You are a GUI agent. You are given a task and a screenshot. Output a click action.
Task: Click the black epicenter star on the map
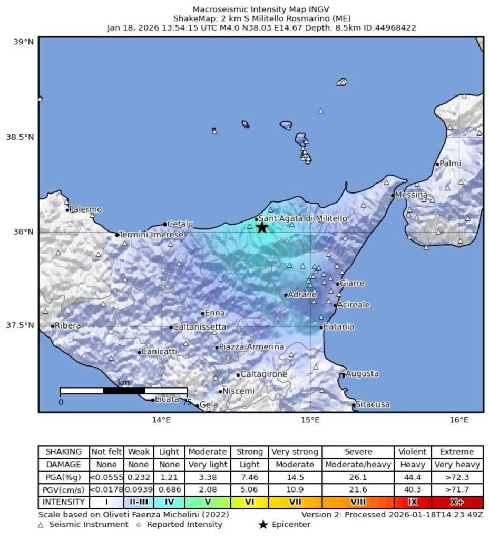pyautogui.click(x=262, y=227)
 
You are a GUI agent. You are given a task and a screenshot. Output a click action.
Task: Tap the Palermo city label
pyautogui.click(x=86, y=209)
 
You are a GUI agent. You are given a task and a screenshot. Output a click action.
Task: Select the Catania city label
pyautogui.click(x=338, y=327)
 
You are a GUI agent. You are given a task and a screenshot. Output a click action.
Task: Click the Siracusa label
pyautogui.click(x=373, y=404)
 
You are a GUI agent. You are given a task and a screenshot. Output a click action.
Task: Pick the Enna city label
pyautogui.click(x=214, y=313)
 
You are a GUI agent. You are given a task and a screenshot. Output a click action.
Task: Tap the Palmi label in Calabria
pyautogui.click(x=450, y=163)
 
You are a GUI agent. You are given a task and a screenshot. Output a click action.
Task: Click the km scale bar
pyautogui.click(x=123, y=391)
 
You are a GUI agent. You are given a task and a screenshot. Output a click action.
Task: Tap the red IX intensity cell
pyautogui.click(x=413, y=502)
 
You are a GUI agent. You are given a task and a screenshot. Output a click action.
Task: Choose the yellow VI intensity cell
pyautogui.click(x=250, y=502)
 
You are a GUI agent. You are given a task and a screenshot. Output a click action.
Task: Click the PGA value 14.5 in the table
pyautogui.click(x=295, y=477)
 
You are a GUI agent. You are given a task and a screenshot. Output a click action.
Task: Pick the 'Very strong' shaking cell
pyautogui.click(x=295, y=452)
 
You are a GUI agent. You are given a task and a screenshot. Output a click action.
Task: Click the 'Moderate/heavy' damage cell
pyautogui.click(x=358, y=465)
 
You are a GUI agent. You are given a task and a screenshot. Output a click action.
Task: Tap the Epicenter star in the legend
pyautogui.click(x=263, y=525)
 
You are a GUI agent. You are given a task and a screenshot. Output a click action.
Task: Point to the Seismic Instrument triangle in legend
pyautogui.click(x=41, y=525)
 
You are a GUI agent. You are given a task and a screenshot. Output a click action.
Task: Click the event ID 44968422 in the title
pyautogui.click(x=394, y=27)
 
